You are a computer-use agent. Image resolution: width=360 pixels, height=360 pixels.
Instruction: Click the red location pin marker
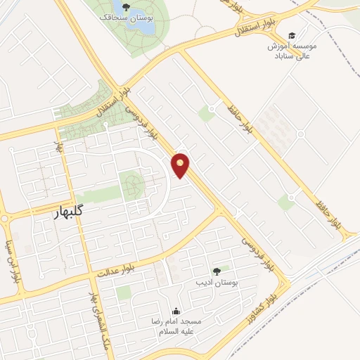pyautogui.click(x=181, y=165)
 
